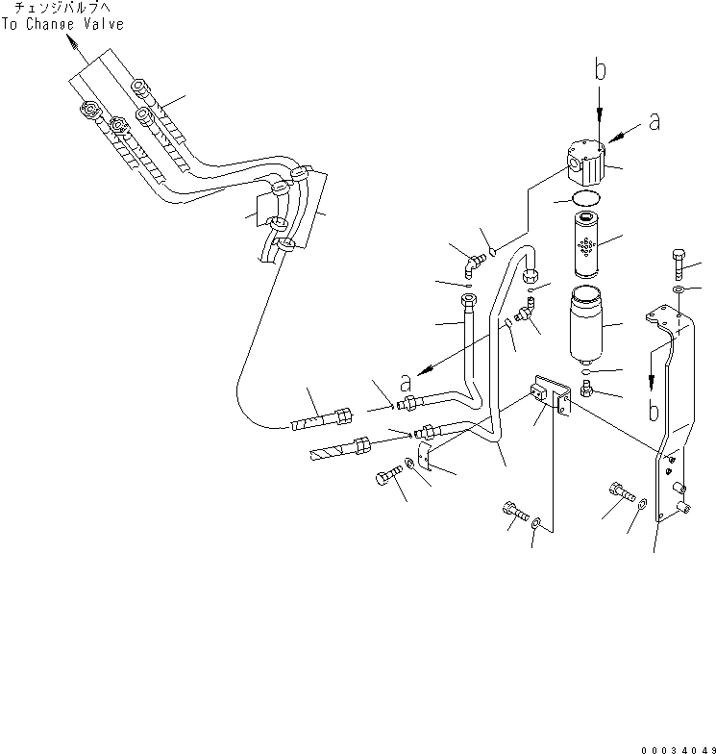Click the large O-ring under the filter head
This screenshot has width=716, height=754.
(x=582, y=200)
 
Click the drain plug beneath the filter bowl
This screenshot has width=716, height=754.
(x=586, y=390)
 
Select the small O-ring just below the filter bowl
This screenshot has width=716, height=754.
(x=585, y=369)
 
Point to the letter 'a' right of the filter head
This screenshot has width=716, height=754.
(x=654, y=121)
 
